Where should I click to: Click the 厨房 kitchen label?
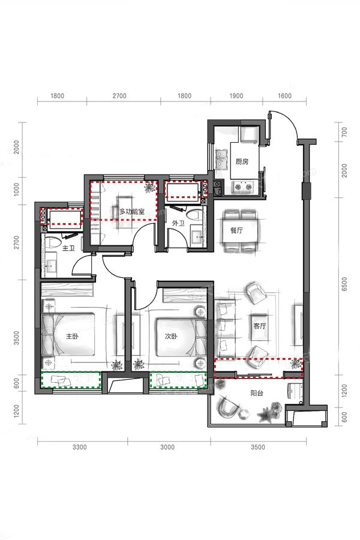242,161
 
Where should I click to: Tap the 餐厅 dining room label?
236,230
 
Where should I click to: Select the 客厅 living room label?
259,326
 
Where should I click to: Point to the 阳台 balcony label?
257,393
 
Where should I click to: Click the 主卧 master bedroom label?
72,336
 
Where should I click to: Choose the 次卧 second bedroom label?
171,336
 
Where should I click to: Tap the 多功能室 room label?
132,211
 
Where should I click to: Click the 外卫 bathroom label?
178,224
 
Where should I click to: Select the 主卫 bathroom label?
68,248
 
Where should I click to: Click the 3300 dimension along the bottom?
80,447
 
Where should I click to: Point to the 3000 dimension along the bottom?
167,447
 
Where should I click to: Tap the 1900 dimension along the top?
236,96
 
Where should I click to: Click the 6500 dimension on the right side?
344,284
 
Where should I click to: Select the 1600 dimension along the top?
284,96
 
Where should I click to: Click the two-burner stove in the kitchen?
243,187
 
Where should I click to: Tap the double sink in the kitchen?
220,160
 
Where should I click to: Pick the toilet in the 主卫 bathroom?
55,243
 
